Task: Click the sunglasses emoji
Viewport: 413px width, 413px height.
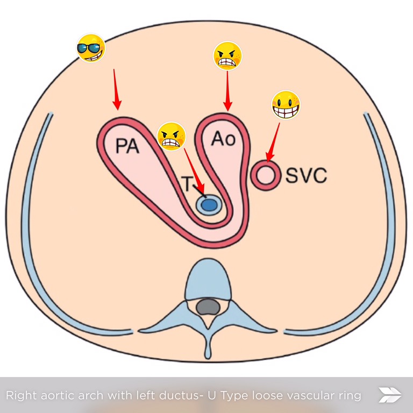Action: point(90,48)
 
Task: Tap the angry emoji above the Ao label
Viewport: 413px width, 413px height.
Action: point(227,56)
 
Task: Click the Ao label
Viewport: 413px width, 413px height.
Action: point(223,139)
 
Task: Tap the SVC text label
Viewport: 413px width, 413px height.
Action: point(306,175)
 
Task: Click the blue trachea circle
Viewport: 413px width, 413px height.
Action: point(209,204)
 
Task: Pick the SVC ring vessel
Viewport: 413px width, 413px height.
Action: point(266,174)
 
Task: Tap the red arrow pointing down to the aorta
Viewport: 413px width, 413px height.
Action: point(227,91)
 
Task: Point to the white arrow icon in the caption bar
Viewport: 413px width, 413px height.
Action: point(390,395)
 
